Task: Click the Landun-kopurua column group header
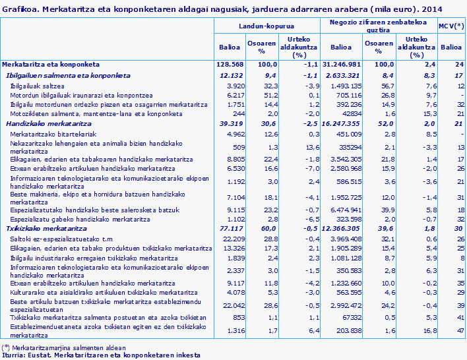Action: coord(266,25)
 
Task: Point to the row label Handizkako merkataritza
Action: coord(44,123)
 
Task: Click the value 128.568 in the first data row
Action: coord(231,65)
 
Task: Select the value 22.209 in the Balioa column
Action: coord(233,237)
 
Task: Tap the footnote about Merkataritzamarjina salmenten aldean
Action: coord(63,347)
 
